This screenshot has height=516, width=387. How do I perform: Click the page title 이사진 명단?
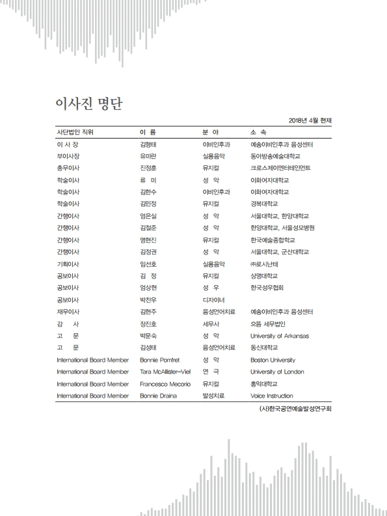pyautogui.click(x=90, y=104)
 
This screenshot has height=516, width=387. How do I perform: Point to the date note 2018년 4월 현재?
pyautogui.click(x=309, y=120)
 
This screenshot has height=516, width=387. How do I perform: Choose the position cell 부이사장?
pyautogui.click(x=68, y=157)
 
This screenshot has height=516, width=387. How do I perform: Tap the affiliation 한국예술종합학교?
pyautogui.click(x=272, y=240)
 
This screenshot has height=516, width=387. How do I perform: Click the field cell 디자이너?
pyautogui.click(x=213, y=300)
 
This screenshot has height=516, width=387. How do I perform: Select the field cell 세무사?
pyautogui.click(x=211, y=324)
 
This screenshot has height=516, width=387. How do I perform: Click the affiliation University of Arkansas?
pyautogui.click(x=280, y=336)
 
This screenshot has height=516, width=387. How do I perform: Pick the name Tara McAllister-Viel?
pyautogui.click(x=166, y=372)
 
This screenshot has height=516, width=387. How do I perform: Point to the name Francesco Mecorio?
pyautogui.click(x=165, y=384)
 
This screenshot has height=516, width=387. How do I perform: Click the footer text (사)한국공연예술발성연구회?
pyautogui.click(x=295, y=410)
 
